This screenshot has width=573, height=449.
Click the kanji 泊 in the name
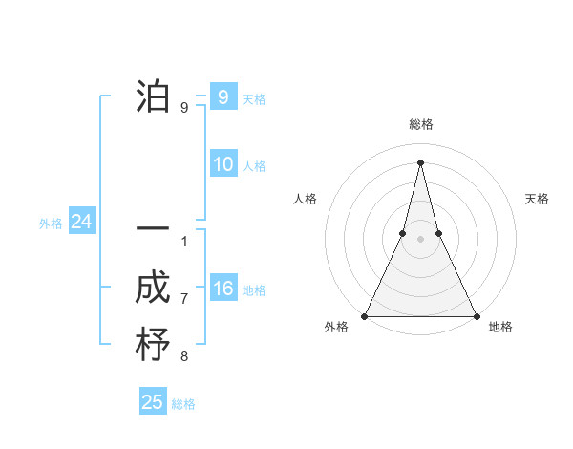[x=153, y=97]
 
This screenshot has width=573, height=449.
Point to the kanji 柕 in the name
[x=153, y=345]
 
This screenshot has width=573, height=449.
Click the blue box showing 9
[x=223, y=97]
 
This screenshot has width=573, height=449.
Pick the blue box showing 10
[x=223, y=164]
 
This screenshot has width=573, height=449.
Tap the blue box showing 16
[x=223, y=289]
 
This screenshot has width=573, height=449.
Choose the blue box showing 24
[x=81, y=223]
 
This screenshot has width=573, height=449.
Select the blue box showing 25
[x=153, y=402]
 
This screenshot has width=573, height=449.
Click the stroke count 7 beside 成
[x=184, y=299]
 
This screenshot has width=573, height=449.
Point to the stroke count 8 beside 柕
[x=184, y=357]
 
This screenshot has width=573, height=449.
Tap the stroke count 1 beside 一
[x=184, y=241]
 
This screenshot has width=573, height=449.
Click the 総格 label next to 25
[x=183, y=404]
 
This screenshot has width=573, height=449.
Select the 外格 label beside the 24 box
[x=51, y=224]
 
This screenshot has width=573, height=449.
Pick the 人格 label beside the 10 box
[x=254, y=166]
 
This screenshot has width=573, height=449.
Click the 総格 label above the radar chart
[x=421, y=124]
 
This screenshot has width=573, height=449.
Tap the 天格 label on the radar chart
[x=537, y=199]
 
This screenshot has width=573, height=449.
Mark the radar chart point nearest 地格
[x=476, y=316]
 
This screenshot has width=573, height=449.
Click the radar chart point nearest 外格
[x=365, y=316]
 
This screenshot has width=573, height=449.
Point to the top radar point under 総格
[x=420, y=161]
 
